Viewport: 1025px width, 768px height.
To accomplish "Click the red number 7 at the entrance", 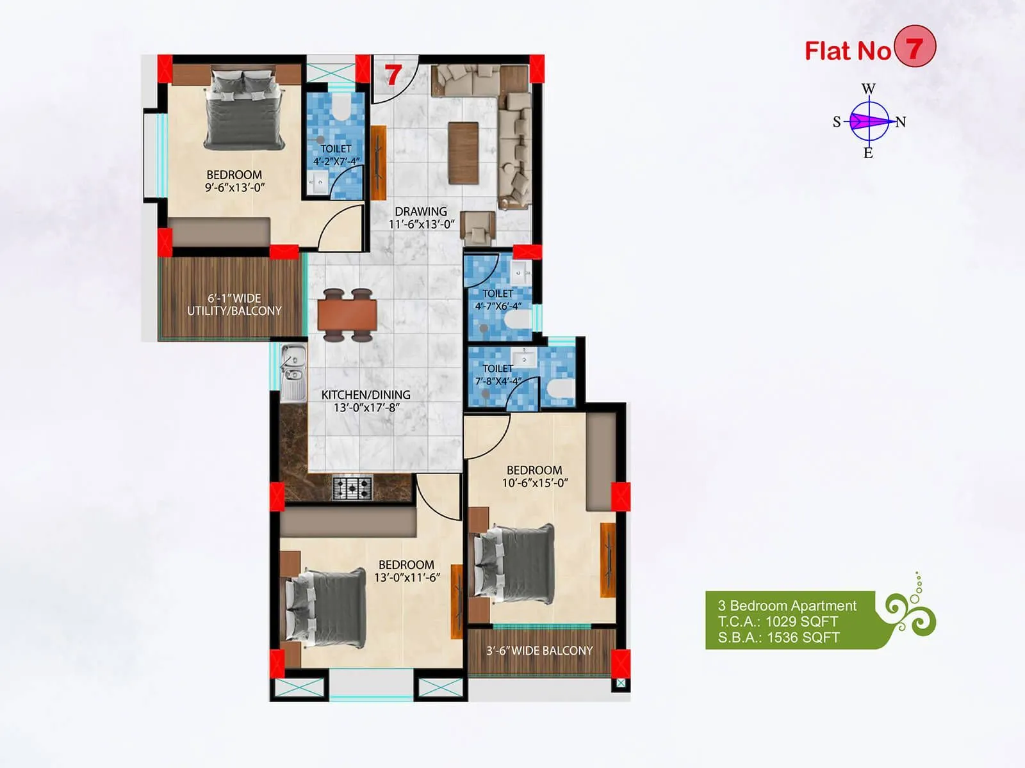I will (x=393, y=75).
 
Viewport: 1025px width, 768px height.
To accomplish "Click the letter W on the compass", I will (x=868, y=89).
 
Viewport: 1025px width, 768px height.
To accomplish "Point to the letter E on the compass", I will (x=868, y=153).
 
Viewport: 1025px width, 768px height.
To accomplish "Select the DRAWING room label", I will (x=421, y=212).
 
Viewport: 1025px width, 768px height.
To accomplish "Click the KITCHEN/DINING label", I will (x=366, y=395).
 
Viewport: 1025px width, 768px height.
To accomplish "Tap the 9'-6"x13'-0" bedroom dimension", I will (x=234, y=188).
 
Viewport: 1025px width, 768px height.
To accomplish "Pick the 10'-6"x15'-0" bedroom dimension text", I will (x=534, y=483).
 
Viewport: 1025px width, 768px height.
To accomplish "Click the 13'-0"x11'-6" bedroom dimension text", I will (x=407, y=578).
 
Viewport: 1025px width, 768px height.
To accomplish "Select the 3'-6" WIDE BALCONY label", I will (x=539, y=651).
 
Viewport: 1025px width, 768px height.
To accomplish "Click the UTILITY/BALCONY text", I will (x=234, y=311).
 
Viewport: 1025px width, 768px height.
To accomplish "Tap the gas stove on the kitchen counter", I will (x=352, y=489).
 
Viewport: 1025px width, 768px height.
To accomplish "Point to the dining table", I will (x=347, y=315).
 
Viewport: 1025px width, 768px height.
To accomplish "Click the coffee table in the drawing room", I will (x=463, y=152).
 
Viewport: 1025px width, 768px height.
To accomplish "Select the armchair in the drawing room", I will (x=478, y=227).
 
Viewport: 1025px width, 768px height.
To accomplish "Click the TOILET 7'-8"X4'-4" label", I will (x=498, y=375).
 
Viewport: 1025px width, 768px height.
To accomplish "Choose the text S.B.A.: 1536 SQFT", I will (x=778, y=637).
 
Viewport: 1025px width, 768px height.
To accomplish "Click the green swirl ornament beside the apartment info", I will (x=910, y=611).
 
